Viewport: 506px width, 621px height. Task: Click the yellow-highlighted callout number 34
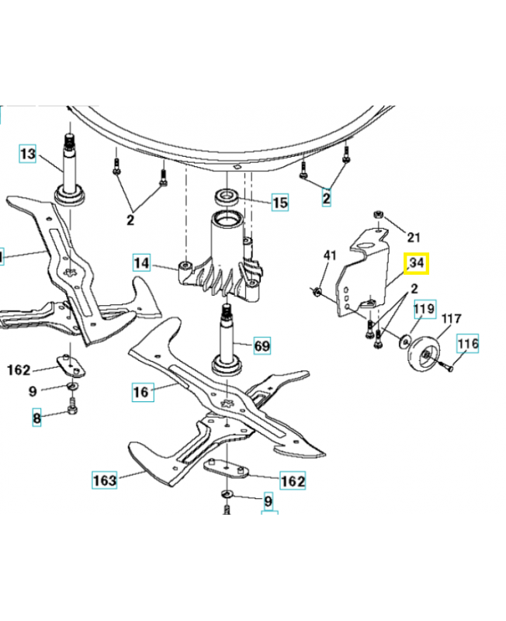point(417,263)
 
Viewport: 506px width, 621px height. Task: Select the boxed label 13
point(27,154)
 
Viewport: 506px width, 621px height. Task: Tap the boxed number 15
point(279,203)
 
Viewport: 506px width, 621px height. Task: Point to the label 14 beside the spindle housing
point(141,263)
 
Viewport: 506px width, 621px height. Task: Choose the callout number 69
point(263,344)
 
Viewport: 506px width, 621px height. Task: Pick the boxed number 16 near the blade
point(140,392)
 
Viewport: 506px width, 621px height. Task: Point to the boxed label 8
point(36,418)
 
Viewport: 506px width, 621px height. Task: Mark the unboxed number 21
point(413,238)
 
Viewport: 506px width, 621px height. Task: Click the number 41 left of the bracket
point(330,256)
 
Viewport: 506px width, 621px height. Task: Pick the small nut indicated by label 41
point(317,292)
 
